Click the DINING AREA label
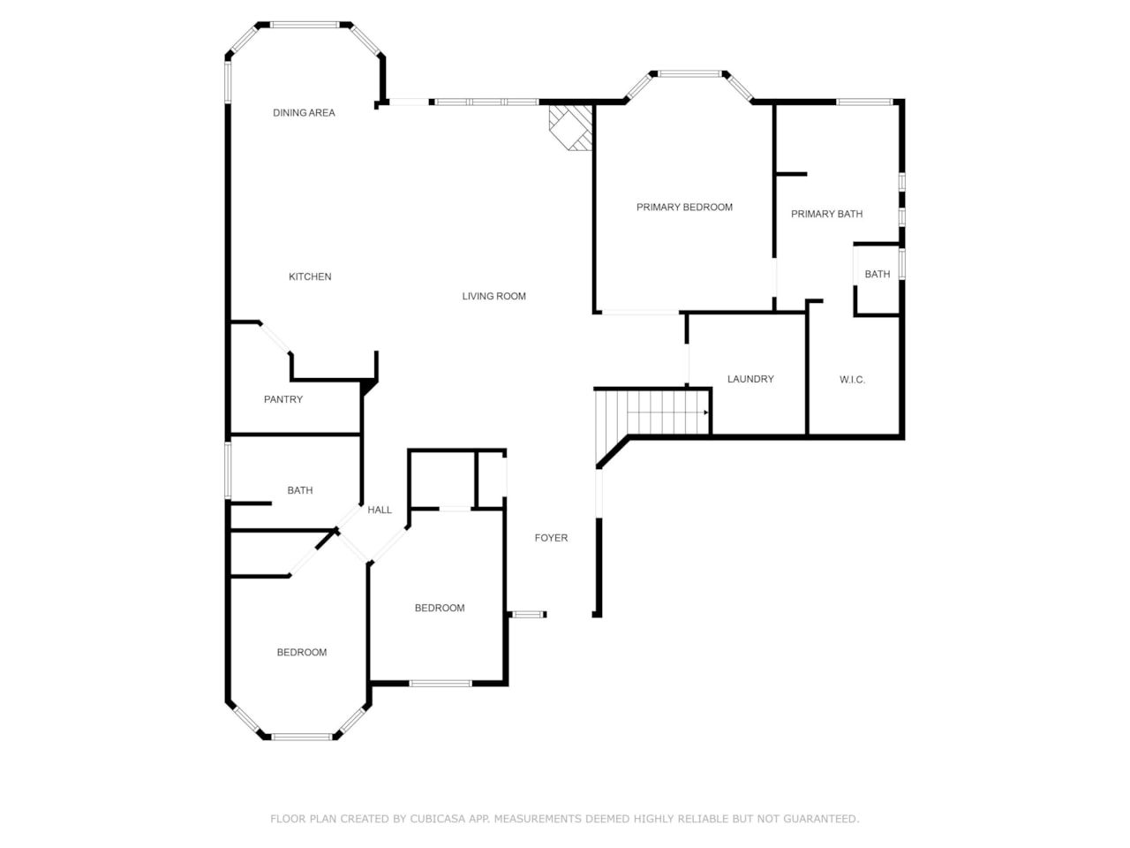(304, 113)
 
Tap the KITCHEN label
(310, 277)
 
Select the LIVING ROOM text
(493, 297)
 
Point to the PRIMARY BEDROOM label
(684, 208)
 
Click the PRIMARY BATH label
(826, 214)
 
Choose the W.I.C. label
(852, 380)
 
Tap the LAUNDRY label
(750, 379)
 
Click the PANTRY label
(283, 399)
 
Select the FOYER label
(551, 538)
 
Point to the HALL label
(380, 510)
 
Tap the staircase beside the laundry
(653, 413)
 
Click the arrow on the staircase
(705, 413)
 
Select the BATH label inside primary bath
(877, 275)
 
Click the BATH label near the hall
(299, 490)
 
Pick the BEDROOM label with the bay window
(302, 653)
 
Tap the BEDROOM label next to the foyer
(440, 608)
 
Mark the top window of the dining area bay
(305, 25)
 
